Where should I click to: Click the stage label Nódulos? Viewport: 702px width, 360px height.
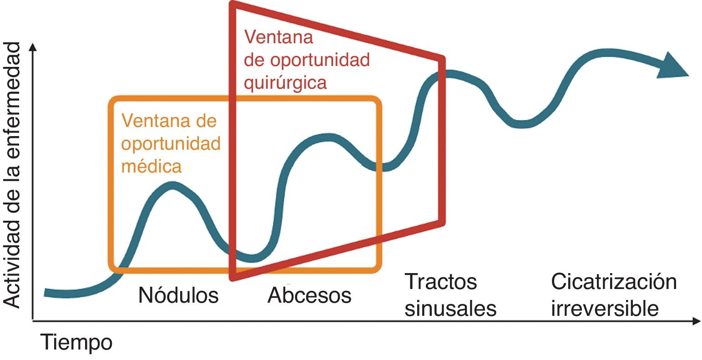(x=178, y=295)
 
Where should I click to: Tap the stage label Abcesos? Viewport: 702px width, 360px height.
(x=309, y=295)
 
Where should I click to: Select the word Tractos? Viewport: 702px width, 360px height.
(x=440, y=281)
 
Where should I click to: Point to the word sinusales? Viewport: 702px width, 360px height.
(x=450, y=309)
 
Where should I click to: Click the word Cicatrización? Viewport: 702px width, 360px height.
(x=614, y=281)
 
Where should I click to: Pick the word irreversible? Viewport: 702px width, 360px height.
(x=605, y=309)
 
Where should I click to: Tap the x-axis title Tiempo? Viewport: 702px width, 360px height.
(x=76, y=342)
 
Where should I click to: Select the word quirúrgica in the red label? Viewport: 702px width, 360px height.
(x=285, y=83)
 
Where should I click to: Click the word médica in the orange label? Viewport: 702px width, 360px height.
(x=151, y=166)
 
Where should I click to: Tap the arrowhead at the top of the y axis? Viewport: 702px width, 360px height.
(x=32, y=46)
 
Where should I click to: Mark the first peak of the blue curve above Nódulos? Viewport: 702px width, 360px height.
(x=172, y=186)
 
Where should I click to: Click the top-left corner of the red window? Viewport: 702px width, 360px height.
(x=233, y=5)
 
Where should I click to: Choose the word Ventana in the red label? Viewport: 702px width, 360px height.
(x=278, y=37)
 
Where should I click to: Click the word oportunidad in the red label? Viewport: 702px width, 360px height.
(x=307, y=60)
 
